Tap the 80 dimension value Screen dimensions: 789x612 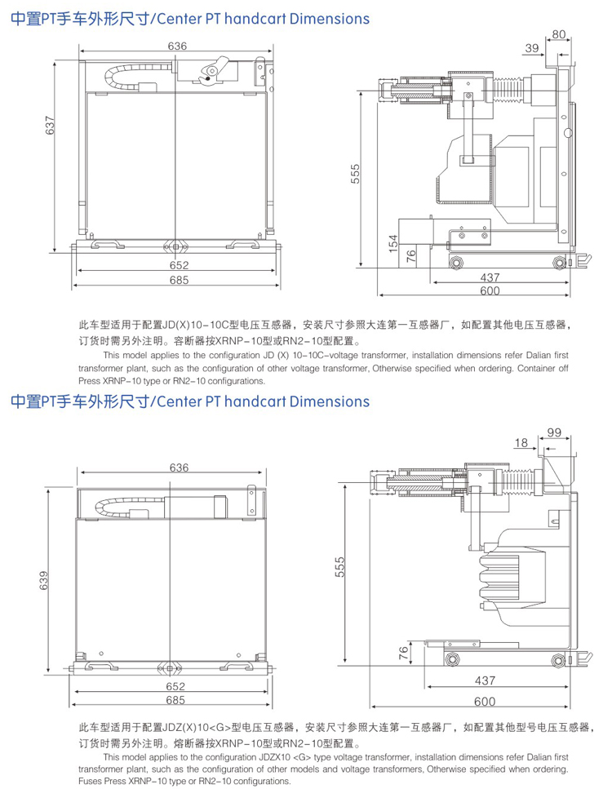pos(558,34)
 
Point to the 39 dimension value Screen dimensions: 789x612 pos(532,49)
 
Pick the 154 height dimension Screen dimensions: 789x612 pos(392,243)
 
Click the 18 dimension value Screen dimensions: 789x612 pos(521,443)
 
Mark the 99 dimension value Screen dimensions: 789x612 pos(554,432)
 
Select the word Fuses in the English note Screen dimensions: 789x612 pos(92,782)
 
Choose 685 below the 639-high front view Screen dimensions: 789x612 pos(175,700)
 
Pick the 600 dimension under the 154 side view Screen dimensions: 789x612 pos(490,291)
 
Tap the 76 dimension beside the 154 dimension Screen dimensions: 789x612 pos(411,254)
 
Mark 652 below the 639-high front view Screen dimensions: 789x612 pos(175,686)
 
